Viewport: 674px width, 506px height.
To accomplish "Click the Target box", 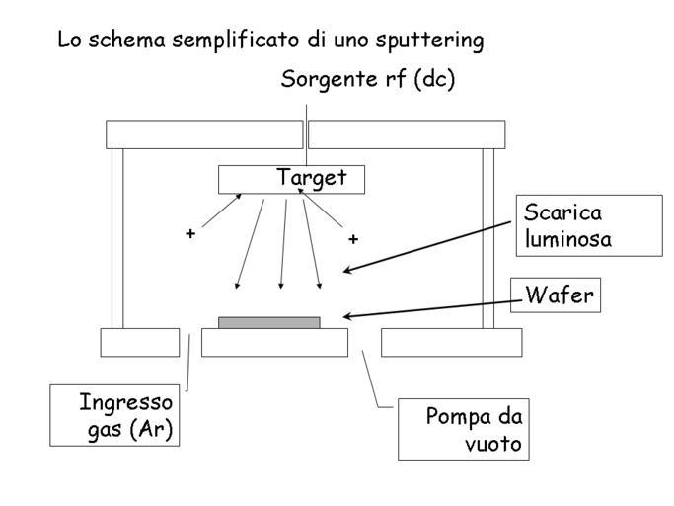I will pyautogui.click(x=291, y=179).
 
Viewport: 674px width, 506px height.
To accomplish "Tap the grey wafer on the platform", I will pyautogui.click(x=268, y=322).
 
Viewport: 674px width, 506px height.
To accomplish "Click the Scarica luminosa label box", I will pyautogui.click(x=588, y=225).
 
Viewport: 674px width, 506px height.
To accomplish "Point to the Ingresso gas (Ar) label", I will pyautogui.click(x=115, y=415).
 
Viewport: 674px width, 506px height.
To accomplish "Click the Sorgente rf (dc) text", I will pyautogui.click(x=367, y=80).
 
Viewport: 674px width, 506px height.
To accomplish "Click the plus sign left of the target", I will pyautogui.click(x=189, y=234).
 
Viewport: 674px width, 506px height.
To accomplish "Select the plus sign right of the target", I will pyautogui.click(x=352, y=239).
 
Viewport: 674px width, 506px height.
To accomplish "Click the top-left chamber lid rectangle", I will pyautogui.click(x=203, y=133).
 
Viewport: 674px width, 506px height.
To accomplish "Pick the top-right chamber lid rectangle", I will pyautogui.click(x=407, y=133).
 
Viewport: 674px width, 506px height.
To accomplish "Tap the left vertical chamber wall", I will pyautogui.click(x=116, y=237).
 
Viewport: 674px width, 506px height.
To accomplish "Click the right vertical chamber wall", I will pyautogui.click(x=487, y=237).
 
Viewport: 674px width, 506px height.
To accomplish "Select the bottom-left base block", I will pyautogui.click(x=139, y=342).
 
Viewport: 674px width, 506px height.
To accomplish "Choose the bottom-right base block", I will pyautogui.click(x=451, y=342).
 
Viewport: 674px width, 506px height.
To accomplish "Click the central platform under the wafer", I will pyautogui.click(x=274, y=342).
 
